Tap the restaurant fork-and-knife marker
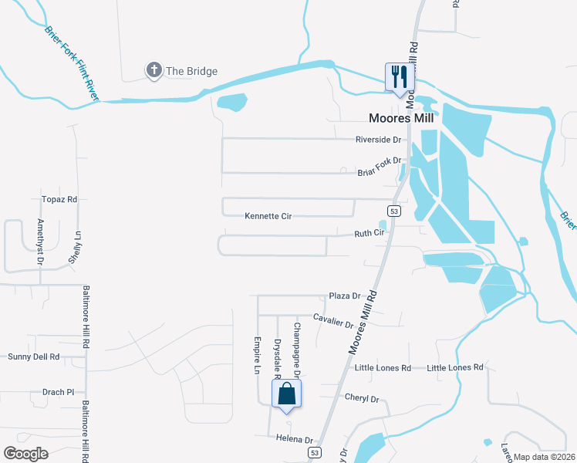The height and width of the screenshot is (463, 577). pyautogui.click(x=399, y=76)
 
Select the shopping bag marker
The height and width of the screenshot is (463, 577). pyautogui.click(x=286, y=394)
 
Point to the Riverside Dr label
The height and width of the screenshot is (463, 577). pyautogui.click(x=379, y=140)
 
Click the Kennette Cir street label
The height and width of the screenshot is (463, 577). pyautogui.click(x=268, y=217)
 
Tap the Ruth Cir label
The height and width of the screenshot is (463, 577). pyautogui.click(x=369, y=233)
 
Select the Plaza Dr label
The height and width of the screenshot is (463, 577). pyautogui.click(x=345, y=296)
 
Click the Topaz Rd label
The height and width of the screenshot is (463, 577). pyautogui.click(x=62, y=199)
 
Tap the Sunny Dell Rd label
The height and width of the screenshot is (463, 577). pyautogui.click(x=33, y=357)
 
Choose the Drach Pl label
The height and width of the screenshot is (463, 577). pyautogui.click(x=58, y=392)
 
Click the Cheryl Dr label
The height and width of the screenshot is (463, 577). pyautogui.click(x=363, y=399)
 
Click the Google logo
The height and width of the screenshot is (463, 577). pyautogui.click(x=26, y=453)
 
